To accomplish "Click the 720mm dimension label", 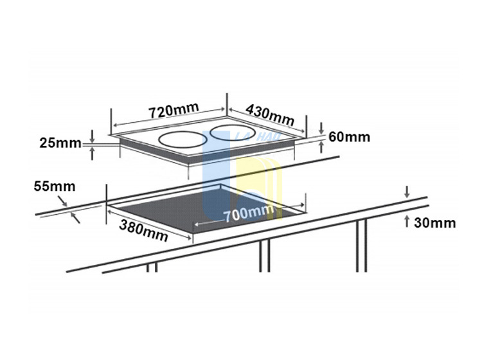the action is point(174,111).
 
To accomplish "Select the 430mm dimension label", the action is point(270,114).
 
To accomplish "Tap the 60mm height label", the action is point(349,137).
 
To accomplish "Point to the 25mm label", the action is point(60,143).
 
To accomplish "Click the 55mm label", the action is point(55,186).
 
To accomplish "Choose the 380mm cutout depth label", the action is point(143,231).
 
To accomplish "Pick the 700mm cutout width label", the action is point(248,213).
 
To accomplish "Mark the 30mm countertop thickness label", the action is point(434,223).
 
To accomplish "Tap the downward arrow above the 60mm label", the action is point(321,129).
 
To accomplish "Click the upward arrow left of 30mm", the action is point(407,221).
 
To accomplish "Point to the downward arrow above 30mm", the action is point(407,192).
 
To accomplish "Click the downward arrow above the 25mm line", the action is point(92,136).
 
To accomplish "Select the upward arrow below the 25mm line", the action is point(92,153).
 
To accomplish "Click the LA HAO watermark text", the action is point(258,136).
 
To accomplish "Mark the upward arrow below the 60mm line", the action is point(321,147).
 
